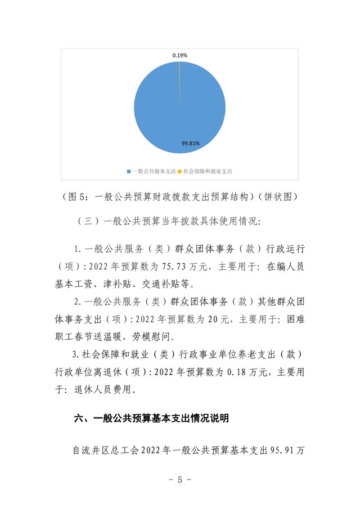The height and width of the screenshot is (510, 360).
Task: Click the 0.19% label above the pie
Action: click(180, 55)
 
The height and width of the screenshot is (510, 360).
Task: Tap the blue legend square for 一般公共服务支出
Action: click(129, 171)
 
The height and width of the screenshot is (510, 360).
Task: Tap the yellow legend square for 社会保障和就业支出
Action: click(179, 171)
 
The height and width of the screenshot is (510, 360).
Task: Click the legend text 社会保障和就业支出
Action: click(207, 171)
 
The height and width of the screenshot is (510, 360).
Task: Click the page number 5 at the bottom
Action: click(180, 481)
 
